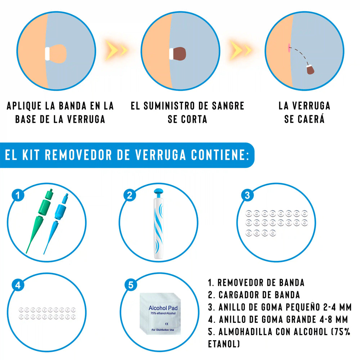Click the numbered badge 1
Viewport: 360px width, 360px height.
tap(18, 195)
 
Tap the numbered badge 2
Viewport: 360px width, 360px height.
tap(130, 195)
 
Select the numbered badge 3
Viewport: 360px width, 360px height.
tap(247, 195)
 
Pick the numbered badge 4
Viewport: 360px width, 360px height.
tap(18, 285)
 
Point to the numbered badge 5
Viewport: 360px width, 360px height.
tap(131, 285)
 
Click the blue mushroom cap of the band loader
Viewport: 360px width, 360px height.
tap(158, 191)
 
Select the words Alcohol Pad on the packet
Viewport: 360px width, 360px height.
tap(163, 308)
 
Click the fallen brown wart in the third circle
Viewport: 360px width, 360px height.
tap(310, 69)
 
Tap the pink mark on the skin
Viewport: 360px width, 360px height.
tap(289, 47)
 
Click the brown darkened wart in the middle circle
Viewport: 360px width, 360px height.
tap(179, 54)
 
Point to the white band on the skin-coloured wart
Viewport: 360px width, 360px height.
tap(47, 54)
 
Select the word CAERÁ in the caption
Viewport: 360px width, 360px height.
tap(311, 119)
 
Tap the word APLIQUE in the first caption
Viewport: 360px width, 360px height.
tap(24, 106)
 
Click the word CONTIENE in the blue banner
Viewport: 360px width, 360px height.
tap(220, 155)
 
